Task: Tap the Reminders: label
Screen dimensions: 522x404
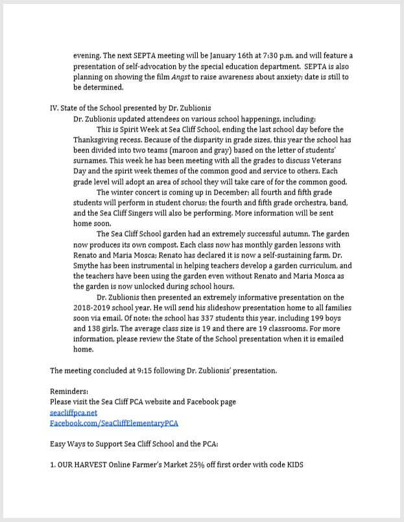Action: pos(69,391)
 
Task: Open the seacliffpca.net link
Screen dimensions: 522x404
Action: pos(73,412)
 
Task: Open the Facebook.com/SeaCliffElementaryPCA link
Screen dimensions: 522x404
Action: pos(113,423)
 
